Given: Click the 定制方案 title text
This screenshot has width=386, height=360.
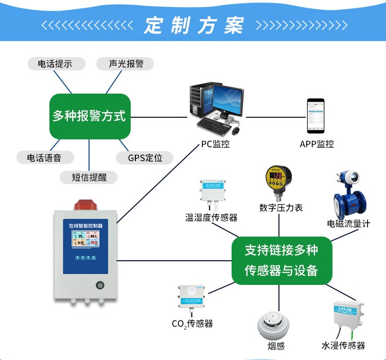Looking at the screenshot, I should pos(194,25).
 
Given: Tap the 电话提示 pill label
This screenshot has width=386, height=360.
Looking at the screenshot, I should pos(55,64).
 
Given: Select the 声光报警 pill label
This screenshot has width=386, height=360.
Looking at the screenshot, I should pos(125,64).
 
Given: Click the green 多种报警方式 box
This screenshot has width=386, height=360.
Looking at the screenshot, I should pos(89,116).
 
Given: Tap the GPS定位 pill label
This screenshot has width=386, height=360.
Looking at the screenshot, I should pos(144,157).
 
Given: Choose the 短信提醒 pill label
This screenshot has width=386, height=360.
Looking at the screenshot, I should pos(88,177).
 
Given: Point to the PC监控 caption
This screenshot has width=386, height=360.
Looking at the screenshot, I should pos(215,144).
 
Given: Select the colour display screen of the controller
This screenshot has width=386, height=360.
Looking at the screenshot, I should pos(85,239).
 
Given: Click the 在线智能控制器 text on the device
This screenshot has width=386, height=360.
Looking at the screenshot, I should pos(85,225).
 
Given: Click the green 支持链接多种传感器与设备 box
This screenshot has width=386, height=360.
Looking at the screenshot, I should pos(281,260).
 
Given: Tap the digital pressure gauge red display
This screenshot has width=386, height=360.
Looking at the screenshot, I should pos(277,176).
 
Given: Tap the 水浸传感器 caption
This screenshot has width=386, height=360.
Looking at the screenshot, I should pos(343,346).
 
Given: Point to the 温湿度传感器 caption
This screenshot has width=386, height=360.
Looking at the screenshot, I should pos(212,217).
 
